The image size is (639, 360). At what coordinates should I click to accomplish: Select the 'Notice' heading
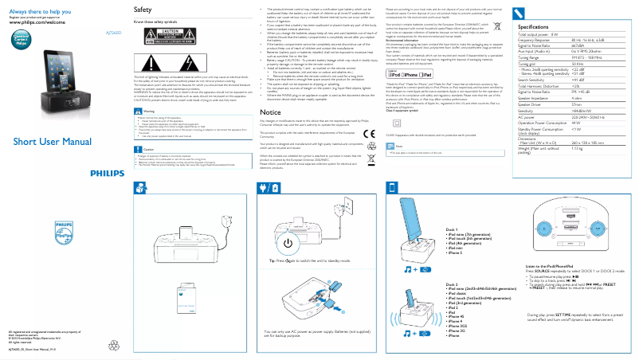click(271, 113)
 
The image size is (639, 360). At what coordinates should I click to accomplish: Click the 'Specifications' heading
click(541, 28)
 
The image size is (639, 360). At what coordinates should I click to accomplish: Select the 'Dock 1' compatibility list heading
click(453, 228)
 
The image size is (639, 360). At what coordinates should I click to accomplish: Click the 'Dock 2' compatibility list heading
click(453, 284)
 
